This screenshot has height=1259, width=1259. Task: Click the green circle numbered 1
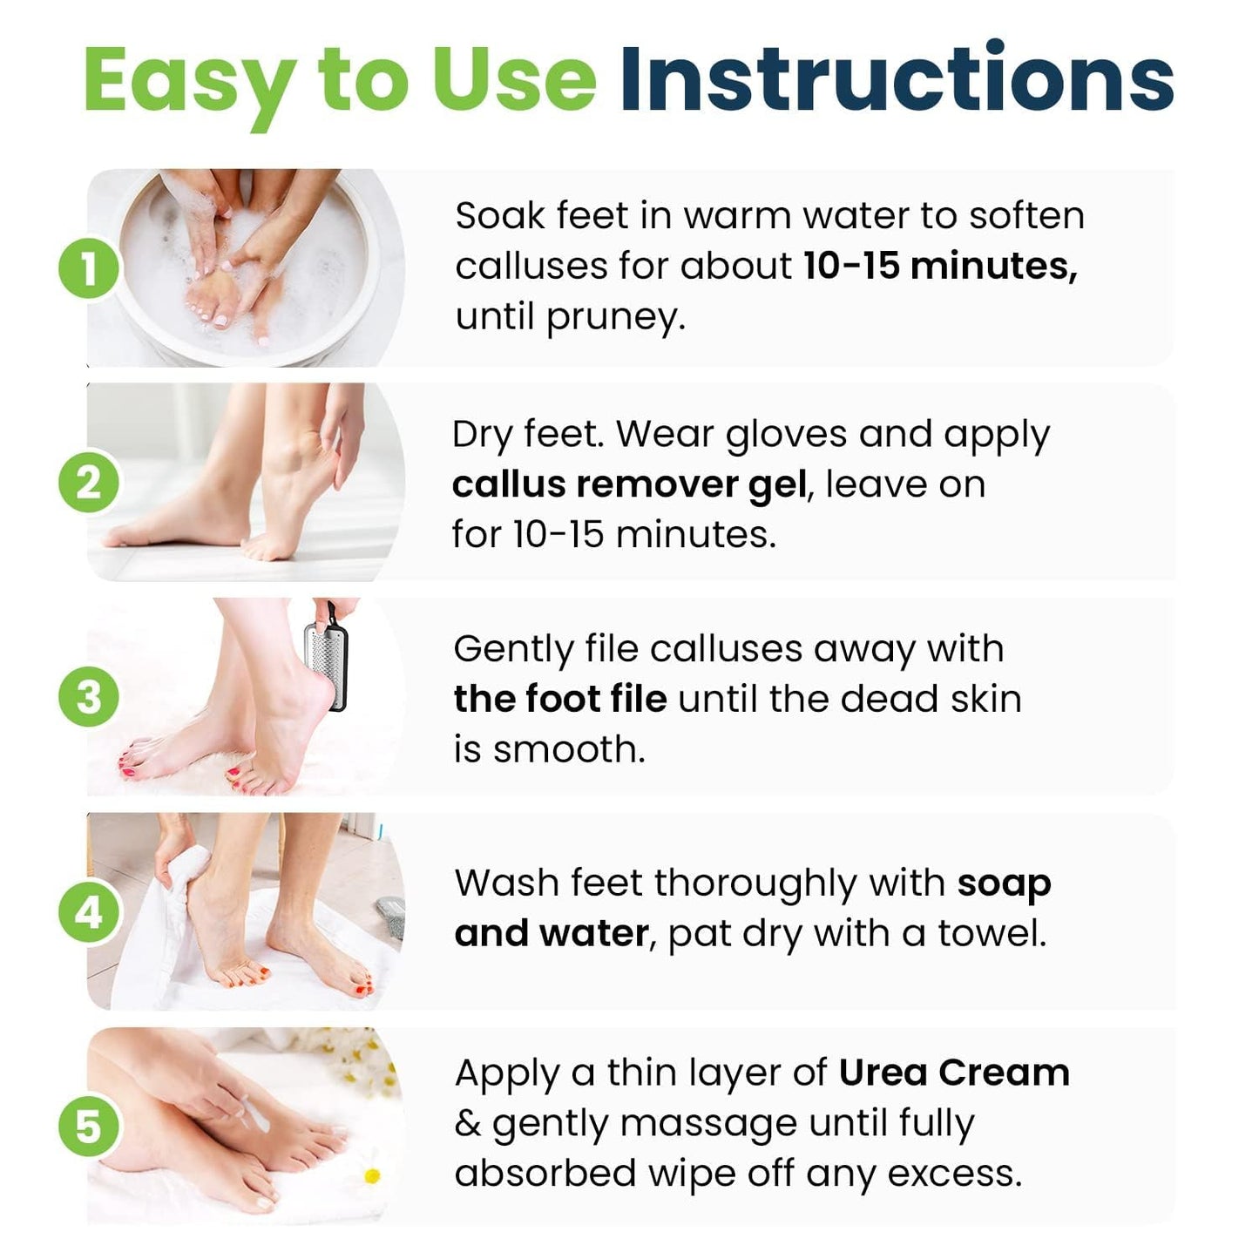point(89,268)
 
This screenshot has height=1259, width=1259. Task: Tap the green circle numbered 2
point(89,483)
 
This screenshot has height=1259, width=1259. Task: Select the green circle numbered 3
point(89,697)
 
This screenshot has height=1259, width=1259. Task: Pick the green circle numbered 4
point(89,912)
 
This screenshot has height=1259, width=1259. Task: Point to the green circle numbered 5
point(89,1127)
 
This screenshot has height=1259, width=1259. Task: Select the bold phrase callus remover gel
point(629,485)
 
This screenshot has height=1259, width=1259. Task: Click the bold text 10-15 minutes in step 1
point(939,266)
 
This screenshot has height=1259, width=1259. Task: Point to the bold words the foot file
point(560,699)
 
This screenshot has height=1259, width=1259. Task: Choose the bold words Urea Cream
point(954,1073)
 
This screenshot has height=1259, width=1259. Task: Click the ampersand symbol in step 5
point(467,1124)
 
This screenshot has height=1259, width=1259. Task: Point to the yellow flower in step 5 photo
point(372,1176)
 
